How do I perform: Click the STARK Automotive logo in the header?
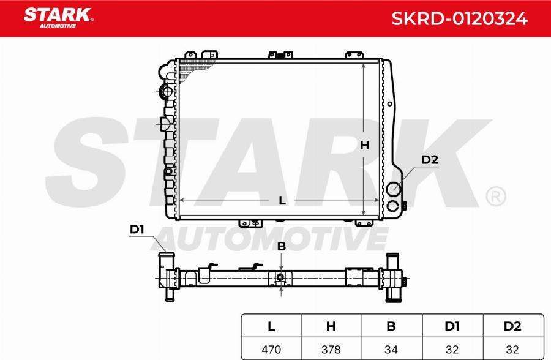pos(58,18)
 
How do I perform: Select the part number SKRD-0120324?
pos(459,18)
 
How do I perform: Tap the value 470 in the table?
pos(271,350)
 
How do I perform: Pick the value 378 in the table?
pos(331,350)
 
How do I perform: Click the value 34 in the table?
pos(391,350)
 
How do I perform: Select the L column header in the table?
pos(271,326)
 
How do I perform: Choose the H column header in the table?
pos(331,326)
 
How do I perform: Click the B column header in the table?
pos(391,326)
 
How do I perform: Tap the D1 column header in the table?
pos(452,326)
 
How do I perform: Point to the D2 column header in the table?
pos(512,326)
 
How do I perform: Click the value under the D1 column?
pos(452,350)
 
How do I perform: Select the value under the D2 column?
pos(512,350)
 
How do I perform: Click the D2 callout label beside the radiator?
pos(430,160)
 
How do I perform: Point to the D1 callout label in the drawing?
pos(137,230)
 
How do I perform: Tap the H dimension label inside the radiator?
pos(364,145)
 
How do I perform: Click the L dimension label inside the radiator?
pos(282,200)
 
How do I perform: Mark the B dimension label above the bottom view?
pos(282,247)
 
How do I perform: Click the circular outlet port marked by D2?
pos(392,189)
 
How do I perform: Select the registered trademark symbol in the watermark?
pos(495,197)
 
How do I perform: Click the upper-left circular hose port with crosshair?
pos(166,93)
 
